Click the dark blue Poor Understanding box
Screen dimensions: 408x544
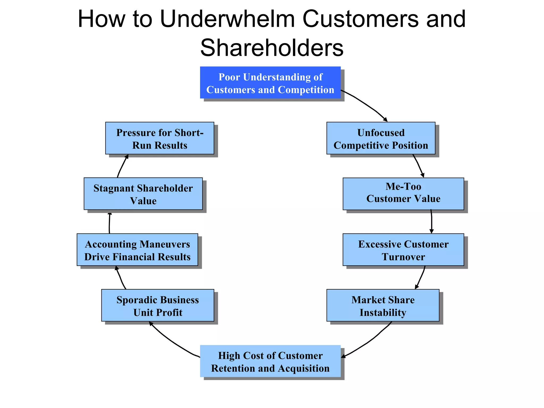(270, 83)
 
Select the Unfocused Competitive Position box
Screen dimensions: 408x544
(381, 138)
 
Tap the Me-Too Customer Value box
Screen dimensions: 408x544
(403, 194)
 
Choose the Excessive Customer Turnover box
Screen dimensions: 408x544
(403, 250)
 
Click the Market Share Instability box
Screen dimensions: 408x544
(383, 305)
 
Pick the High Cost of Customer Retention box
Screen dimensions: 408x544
(270, 361)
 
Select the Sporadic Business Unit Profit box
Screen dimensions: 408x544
(158, 305)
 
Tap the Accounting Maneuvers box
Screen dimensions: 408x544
(137, 250)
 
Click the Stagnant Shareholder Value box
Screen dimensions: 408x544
(143, 194)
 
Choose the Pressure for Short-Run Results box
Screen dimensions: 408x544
(160, 138)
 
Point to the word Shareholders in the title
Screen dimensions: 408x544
(272, 48)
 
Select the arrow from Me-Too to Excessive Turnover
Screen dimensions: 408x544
(432, 222)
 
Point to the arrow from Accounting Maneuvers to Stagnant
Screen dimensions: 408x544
(109, 223)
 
